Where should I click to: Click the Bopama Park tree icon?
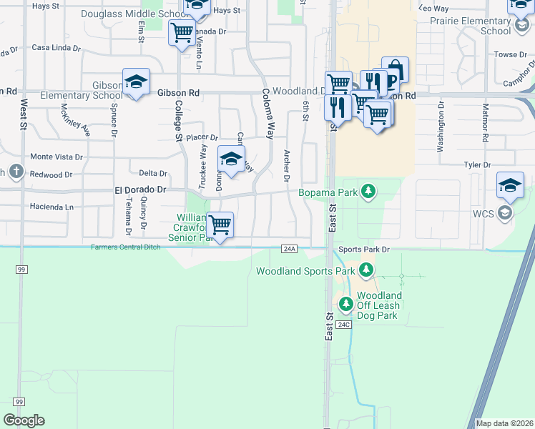click(x=368, y=192)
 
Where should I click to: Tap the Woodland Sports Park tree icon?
click(x=366, y=270)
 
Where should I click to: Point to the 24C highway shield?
click(x=344, y=325)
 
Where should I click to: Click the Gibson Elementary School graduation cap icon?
click(x=135, y=82)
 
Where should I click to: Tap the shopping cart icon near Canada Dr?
click(x=182, y=31)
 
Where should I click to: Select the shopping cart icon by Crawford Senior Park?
click(x=220, y=225)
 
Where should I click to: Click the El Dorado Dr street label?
click(x=140, y=190)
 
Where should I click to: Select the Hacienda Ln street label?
click(x=49, y=207)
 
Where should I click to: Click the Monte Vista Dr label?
click(x=56, y=157)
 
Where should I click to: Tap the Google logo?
click(x=24, y=420)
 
